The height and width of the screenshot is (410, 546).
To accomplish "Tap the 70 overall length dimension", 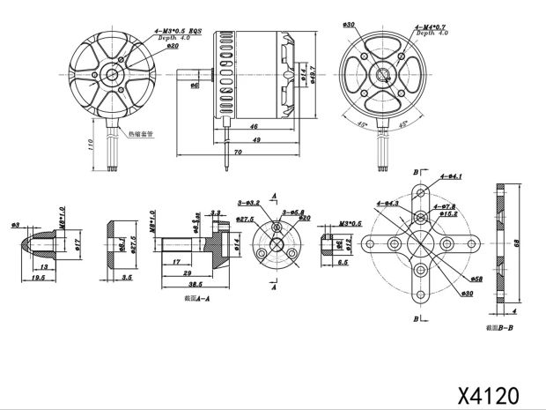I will click(x=238, y=153).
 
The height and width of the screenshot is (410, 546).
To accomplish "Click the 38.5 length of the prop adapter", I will click(x=195, y=285).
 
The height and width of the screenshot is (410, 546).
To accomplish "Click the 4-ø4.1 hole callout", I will click(x=450, y=176).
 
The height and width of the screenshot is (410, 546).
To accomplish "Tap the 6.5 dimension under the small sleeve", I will click(x=343, y=262).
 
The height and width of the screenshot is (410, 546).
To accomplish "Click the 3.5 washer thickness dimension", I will click(x=127, y=277).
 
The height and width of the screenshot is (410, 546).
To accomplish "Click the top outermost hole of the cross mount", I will click(x=421, y=190).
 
